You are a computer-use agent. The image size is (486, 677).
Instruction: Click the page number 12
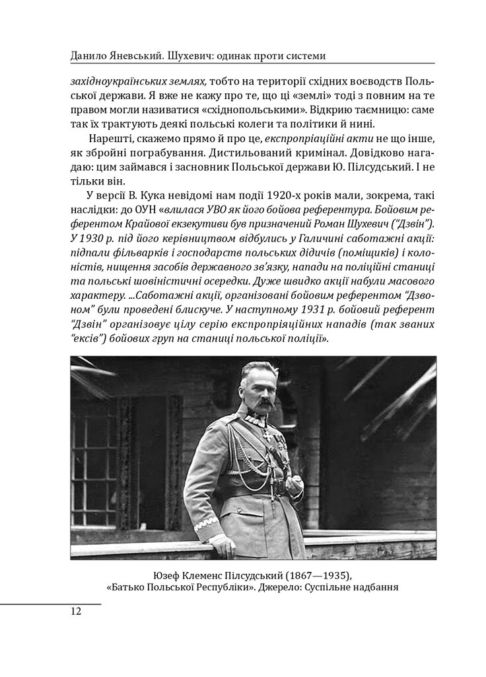coord(75,611)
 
